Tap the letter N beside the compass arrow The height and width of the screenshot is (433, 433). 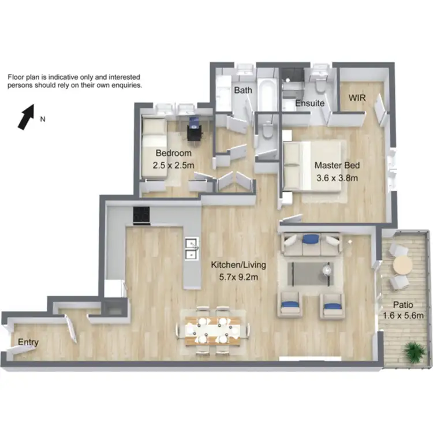click(x=43, y=120)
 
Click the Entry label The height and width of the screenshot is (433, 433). click(x=28, y=342)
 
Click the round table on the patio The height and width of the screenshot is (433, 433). click(x=402, y=266)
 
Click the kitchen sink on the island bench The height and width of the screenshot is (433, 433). click(x=191, y=248)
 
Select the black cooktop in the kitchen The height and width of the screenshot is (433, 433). click(x=141, y=215)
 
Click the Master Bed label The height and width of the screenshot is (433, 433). click(x=336, y=165)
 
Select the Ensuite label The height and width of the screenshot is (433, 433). click(x=309, y=104)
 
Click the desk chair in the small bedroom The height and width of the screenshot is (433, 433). click(x=195, y=127)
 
